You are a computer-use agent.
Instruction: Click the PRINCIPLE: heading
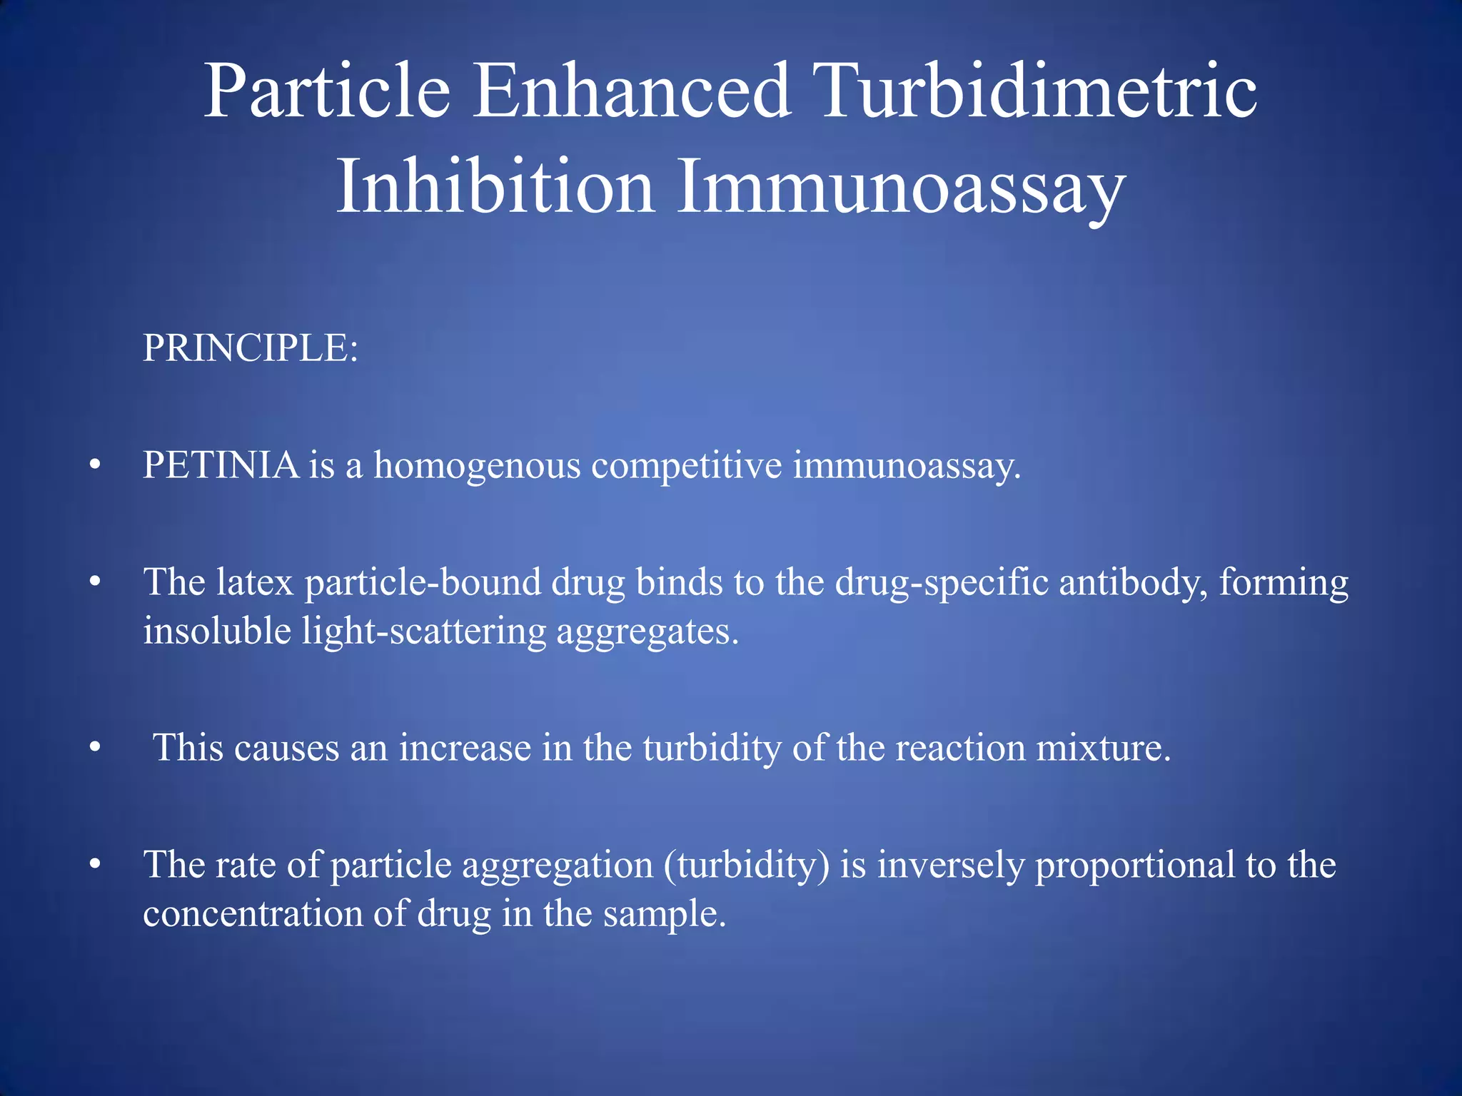[x=250, y=348]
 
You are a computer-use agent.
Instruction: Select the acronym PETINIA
[x=221, y=465]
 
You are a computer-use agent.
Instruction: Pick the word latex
[x=255, y=582]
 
